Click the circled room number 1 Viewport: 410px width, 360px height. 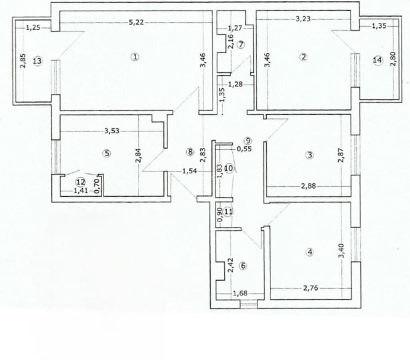(x=135, y=57)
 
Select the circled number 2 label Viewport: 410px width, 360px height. (x=304, y=56)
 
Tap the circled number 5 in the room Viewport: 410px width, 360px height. (x=106, y=152)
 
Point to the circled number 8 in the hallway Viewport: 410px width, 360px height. (x=190, y=152)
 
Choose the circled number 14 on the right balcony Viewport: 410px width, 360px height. (x=377, y=60)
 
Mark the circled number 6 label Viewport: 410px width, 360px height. (x=244, y=266)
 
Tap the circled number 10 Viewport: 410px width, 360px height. (x=229, y=168)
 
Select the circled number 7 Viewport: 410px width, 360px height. (x=240, y=44)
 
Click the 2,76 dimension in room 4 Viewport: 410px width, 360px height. (x=310, y=288)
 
